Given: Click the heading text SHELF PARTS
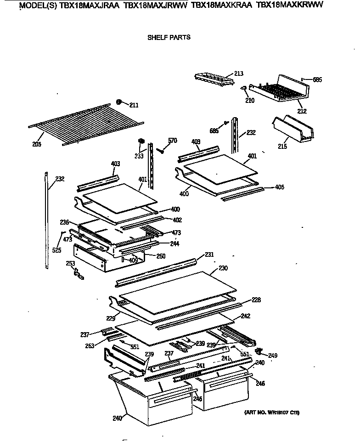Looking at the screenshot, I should tap(169, 37).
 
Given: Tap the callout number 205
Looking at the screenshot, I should tap(37, 144).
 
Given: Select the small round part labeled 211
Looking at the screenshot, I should tap(119, 102).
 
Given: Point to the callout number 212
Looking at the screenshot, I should tap(302, 111).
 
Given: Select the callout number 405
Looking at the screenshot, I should tap(280, 187).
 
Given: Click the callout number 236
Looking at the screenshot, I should tap(64, 222).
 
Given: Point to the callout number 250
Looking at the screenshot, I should tap(161, 256).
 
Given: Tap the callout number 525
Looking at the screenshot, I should tap(56, 250).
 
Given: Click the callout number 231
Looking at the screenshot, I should tap(209, 254).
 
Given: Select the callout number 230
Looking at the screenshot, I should tap(223, 268).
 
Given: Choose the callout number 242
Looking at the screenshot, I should tap(246, 317).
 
